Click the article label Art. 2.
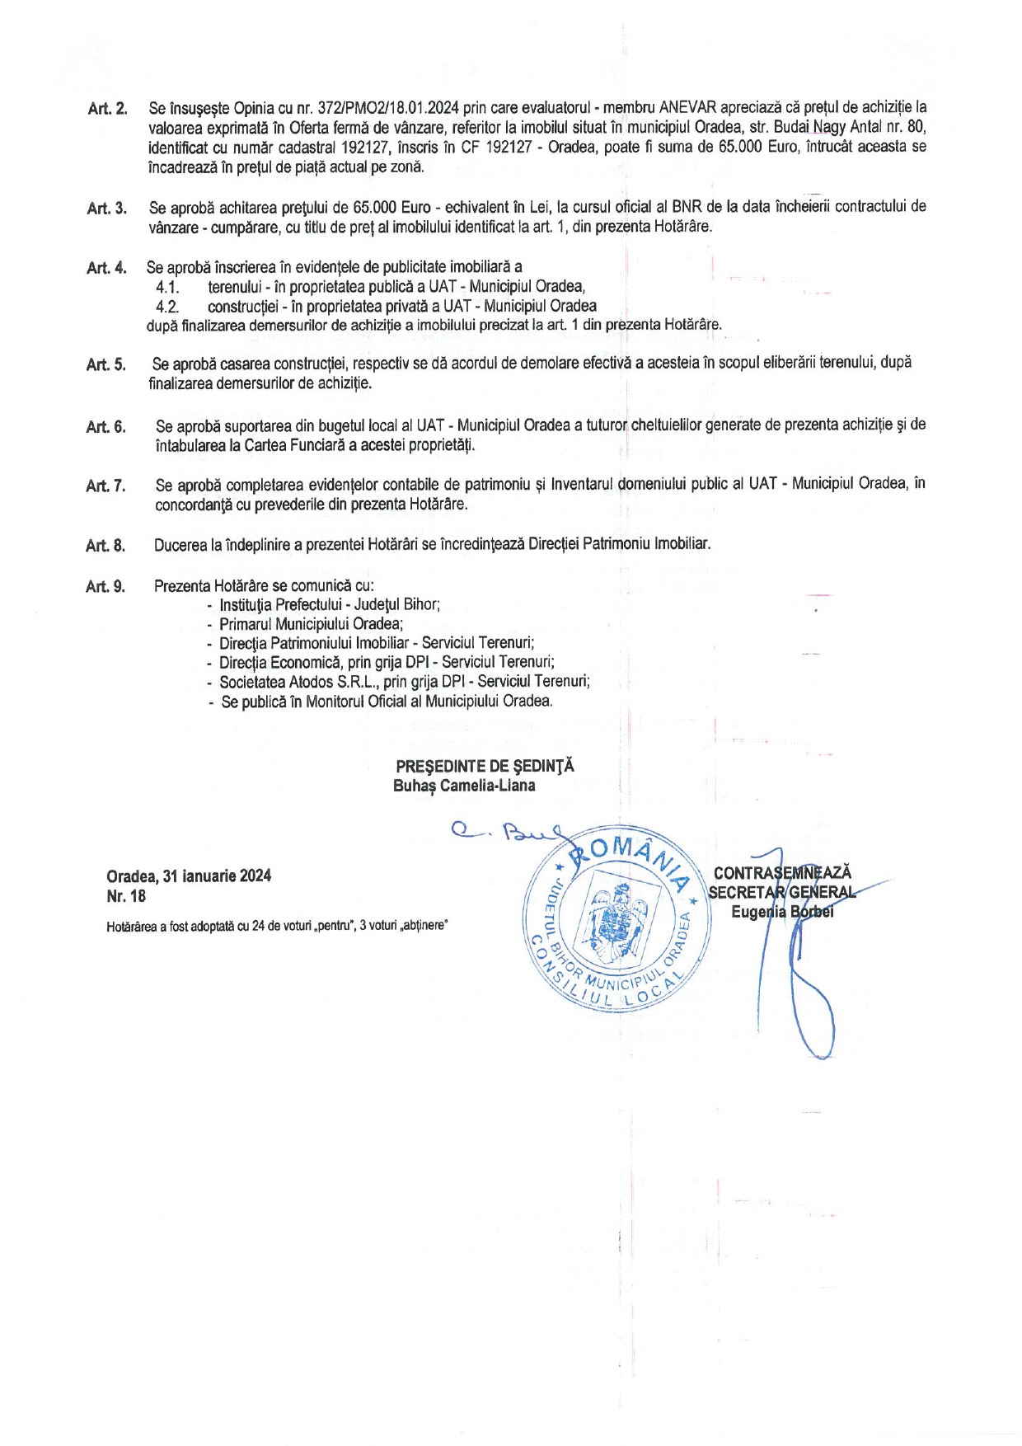pyautogui.click(x=107, y=109)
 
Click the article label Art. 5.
pyautogui.click(x=106, y=364)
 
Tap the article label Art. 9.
pyautogui.click(x=105, y=586)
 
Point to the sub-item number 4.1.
pyautogui.click(x=167, y=287)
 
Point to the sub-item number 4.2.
pyautogui.click(x=167, y=307)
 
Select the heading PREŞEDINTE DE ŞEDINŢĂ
pyautogui.click(x=485, y=766)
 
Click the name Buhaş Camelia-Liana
pyautogui.click(x=464, y=786)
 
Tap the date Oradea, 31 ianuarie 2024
pyautogui.click(x=189, y=876)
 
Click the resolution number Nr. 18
pyautogui.click(x=126, y=896)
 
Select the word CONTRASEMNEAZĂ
pyautogui.click(x=782, y=872)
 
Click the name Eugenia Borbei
pyautogui.click(x=782, y=912)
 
